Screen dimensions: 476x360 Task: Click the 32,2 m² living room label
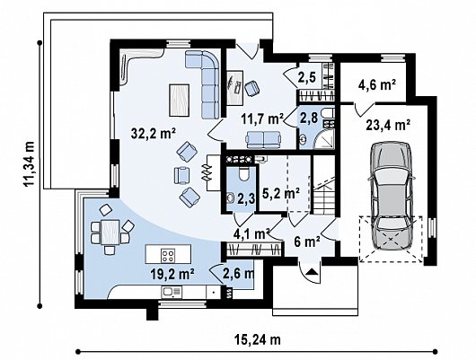154,133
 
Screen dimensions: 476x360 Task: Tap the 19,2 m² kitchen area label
172,274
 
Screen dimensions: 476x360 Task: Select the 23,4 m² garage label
388,125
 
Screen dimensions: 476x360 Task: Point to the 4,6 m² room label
377,84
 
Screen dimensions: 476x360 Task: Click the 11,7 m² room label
263,119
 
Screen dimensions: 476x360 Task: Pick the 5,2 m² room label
281,194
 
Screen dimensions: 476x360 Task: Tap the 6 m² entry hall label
307,241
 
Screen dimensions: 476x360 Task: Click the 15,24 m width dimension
258,339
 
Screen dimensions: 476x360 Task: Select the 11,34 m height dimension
30,164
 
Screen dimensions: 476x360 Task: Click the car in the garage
391,196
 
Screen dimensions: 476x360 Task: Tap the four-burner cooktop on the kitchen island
168,254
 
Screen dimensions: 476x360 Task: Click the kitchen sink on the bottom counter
172,292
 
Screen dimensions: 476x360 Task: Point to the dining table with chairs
110,230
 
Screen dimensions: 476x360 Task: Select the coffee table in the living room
180,101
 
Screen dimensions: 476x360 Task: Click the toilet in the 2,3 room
243,173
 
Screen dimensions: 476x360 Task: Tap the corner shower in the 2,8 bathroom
324,139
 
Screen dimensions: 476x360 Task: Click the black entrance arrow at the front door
311,271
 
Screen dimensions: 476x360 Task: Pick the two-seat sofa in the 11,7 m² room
263,139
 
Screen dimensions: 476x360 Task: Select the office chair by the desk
252,88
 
